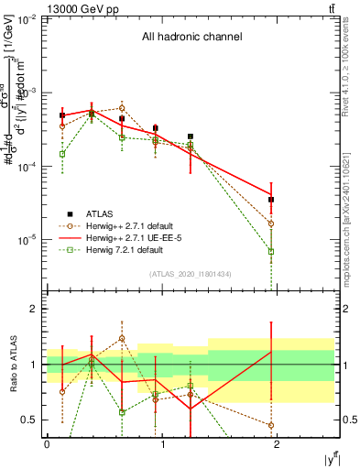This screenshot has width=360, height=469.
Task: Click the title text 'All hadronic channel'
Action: click(x=191, y=38)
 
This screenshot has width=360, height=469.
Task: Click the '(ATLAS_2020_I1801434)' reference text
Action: click(x=190, y=274)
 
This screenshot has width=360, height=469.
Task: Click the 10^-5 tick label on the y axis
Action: click(x=28, y=241)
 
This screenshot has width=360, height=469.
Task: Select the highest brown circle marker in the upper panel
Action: click(x=122, y=108)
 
